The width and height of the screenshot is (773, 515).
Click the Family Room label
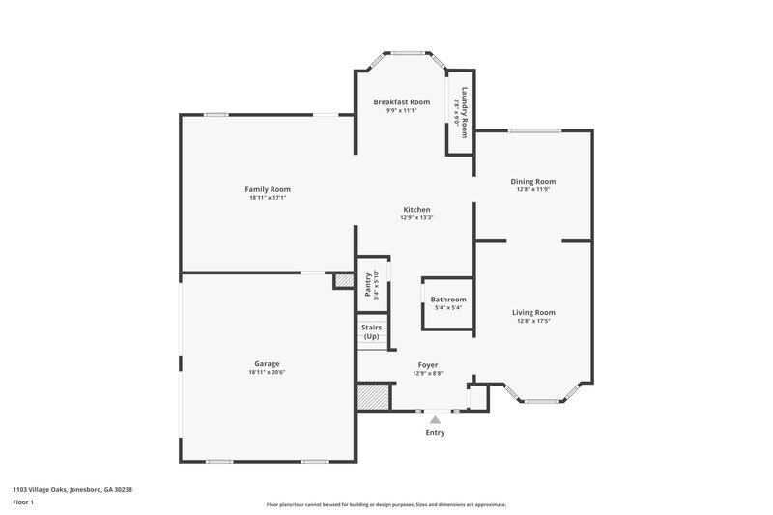point(268,189)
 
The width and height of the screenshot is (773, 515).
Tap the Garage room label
point(268,363)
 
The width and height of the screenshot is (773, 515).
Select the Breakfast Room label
point(402,102)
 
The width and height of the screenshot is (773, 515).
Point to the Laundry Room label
point(465,112)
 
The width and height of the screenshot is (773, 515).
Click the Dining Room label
point(533,181)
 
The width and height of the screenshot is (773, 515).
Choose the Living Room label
point(533,312)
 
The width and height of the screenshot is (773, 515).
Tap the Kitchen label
point(416,209)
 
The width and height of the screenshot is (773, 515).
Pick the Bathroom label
point(448,300)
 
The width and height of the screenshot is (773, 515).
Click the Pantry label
point(368,285)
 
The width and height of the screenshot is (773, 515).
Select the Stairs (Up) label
point(371,331)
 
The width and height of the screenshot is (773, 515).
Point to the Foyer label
point(428,364)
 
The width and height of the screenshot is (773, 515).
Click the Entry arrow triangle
point(435,419)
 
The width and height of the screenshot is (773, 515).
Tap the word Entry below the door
point(436,432)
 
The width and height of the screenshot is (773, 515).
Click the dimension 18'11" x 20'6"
point(268,372)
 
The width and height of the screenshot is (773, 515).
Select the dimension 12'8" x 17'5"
point(533,321)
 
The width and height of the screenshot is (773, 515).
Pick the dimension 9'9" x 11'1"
point(402,111)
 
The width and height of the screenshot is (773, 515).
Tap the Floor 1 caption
point(22,503)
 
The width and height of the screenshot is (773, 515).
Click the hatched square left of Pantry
point(344,280)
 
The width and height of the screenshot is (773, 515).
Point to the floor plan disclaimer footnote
point(386,504)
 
